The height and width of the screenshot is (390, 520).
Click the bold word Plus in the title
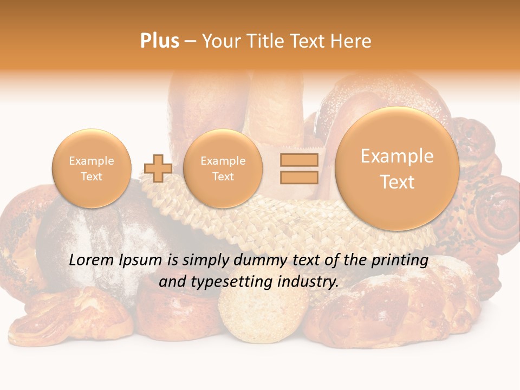click(159, 41)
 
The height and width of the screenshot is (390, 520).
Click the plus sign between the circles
click(158, 168)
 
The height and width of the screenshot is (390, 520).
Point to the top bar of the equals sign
click(299, 160)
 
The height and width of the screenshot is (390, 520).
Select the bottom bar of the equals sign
click(299, 178)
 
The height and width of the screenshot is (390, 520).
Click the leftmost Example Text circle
click(92, 168)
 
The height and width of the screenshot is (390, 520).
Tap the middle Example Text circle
click(223, 168)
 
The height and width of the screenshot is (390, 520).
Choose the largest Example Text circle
click(397, 168)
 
